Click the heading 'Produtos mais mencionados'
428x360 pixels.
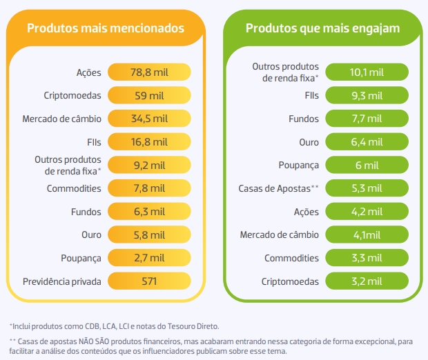[x=105, y=28]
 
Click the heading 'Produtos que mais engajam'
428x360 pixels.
[x=322, y=28]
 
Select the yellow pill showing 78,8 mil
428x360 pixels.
[x=148, y=72]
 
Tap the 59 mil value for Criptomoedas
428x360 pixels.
[x=148, y=95]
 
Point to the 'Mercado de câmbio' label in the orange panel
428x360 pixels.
[x=62, y=119]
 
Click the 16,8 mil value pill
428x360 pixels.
[x=148, y=142]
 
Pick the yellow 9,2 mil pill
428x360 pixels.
[x=148, y=165]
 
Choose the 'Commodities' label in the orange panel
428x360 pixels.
[x=74, y=188]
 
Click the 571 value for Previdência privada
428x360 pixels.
[x=148, y=281]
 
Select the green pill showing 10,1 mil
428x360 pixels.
[x=367, y=72]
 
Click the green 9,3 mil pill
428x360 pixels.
[x=367, y=95]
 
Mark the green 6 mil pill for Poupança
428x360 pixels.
[x=367, y=165]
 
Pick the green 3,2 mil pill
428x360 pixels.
[x=367, y=281]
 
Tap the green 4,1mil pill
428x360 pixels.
[x=367, y=235]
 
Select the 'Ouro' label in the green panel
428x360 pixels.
[x=308, y=142]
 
